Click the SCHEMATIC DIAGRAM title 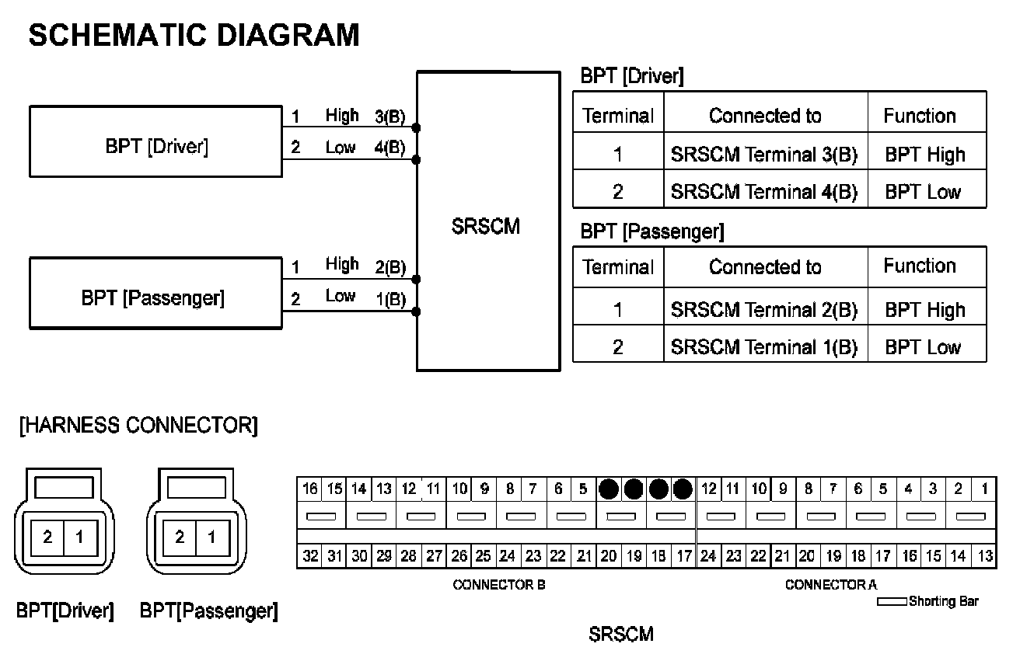point(194,35)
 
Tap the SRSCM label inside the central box point(485,228)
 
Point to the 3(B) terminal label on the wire point(390,117)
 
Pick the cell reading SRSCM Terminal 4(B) point(763,192)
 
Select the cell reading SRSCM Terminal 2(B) point(763,310)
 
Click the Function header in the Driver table point(919,116)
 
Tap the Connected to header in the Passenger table point(764,267)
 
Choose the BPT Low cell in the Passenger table point(923,346)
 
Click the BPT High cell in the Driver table point(924,155)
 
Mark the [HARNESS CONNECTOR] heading point(138,426)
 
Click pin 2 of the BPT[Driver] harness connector point(48,537)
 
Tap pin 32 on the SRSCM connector point(310,556)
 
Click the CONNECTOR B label point(498,585)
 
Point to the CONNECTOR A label point(831,585)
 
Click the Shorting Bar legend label point(943,601)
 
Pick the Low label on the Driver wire point(341,148)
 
